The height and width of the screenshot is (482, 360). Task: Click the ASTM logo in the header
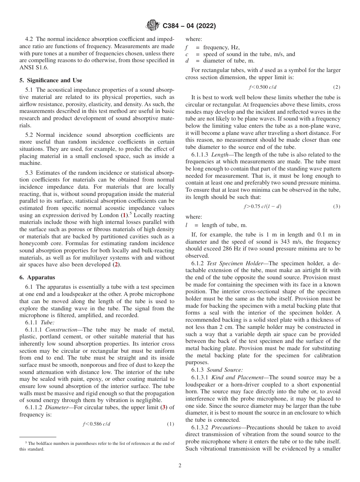(x=153, y=26)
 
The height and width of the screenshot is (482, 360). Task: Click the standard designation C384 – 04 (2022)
(x=189, y=26)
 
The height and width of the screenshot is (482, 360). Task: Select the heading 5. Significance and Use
(x=51, y=80)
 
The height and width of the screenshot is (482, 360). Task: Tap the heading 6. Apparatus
(x=37, y=277)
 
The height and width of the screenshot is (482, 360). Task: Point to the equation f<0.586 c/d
(x=97, y=424)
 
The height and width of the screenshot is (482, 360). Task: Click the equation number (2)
(x=337, y=87)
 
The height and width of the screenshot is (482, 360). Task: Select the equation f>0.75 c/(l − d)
(x=262, y=207)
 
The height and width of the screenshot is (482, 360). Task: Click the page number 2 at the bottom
(x=180, y=466)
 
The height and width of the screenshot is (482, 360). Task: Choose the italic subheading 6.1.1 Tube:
(x=40, y=322)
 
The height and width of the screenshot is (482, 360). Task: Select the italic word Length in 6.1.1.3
(x=220, y=155)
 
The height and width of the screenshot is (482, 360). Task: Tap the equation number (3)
(x=337, y=207)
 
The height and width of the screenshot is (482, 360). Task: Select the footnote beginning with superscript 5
(x=97, y=446)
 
